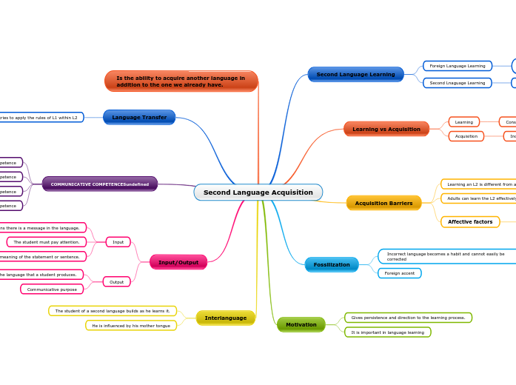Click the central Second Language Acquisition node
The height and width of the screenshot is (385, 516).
click(x=258, y=192)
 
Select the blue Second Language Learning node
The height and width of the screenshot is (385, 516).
click(x=355, y=74)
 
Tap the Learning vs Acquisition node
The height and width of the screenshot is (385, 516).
click(x=386, y=129)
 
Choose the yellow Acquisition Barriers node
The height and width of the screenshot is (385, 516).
click(x=383, y=203)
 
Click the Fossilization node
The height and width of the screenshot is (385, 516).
click(x=331, y=264)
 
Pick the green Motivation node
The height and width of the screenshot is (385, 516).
click(x=301, y=324)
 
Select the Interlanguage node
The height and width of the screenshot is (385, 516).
click(x=225, y=318)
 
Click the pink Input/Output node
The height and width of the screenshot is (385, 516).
click(x=178, y=262)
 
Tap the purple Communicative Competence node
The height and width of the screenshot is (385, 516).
click(x=99, y=184)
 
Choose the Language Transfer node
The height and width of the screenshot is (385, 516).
click(x=139, y=117)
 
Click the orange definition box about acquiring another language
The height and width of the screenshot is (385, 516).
click(x=181, y=81)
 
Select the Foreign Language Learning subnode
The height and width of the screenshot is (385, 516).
click(x=457, y=66)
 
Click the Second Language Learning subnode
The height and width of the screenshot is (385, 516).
click(x=457, y=83)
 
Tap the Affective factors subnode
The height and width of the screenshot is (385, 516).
click(x=469, y=221)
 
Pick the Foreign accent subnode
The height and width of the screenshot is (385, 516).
click(x=400, y=273)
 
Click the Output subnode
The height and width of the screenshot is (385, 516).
click(x=117, y=281)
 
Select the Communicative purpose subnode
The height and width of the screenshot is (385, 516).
click(x=52, y=289)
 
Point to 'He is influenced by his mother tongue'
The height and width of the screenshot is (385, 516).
click(x=131, y=325)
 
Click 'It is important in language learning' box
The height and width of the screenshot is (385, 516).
click(x=387, y=332)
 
